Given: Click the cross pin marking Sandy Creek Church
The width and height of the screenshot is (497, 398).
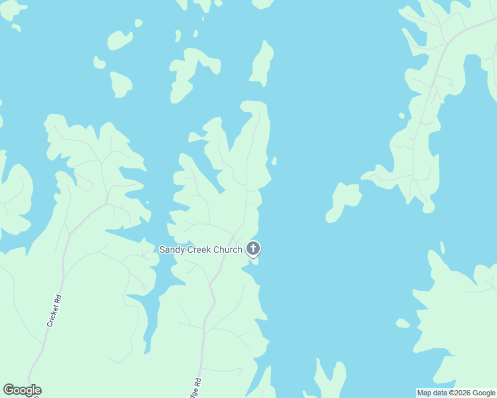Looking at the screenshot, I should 252,249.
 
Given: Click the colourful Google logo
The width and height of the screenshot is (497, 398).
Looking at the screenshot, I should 22,390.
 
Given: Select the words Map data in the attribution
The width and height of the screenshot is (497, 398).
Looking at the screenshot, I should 433,393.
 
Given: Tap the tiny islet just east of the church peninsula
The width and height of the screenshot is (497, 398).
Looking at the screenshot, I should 274,161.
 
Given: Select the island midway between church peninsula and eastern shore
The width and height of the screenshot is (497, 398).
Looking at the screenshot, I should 344,200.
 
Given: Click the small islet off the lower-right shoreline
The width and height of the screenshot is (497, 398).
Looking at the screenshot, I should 403,323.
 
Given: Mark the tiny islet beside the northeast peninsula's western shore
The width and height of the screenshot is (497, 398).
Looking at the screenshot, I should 401,115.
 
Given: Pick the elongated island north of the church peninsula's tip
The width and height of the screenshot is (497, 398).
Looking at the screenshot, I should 262,64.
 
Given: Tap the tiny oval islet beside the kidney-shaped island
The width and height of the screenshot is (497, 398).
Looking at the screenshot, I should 138,23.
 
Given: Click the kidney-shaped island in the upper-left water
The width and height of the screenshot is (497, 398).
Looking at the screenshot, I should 120,40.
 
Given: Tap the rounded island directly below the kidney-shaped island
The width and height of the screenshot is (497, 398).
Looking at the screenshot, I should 120,84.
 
